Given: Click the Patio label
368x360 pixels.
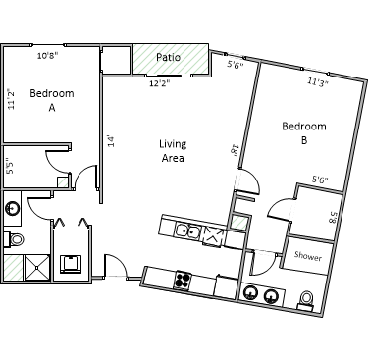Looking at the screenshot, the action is [x=168, y=57].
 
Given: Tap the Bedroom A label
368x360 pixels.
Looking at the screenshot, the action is [x=52, y=100].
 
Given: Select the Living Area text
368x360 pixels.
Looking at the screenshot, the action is [x=173, y=151].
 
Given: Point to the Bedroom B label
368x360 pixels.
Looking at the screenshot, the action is [x=304, y=133].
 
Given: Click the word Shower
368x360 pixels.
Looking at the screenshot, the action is [x=308, y=256].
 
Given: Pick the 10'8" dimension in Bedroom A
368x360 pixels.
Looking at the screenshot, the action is [x=47, y=56].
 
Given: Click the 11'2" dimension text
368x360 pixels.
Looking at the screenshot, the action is [x=11, y=99].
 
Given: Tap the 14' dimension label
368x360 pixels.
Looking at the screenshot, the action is [x=112, y=141].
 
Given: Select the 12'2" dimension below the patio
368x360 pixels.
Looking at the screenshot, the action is [x=160, y=83].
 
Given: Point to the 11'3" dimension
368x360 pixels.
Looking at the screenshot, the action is [x=318, y=81].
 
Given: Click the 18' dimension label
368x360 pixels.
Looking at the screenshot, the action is [x=235, y=151].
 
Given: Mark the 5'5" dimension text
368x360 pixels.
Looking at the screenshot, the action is [x=11, y=167].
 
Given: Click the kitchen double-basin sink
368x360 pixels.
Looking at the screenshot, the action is [x=187, y=231].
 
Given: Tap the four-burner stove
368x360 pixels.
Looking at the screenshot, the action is [x=183, y=280].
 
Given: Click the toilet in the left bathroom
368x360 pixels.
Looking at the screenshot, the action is [x=14, y=239].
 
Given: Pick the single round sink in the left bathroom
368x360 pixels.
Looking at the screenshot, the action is [x=13, y=208].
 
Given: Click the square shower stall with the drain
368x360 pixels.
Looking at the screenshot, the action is [x=37, y=268].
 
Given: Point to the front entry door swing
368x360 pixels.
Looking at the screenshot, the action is [x=115, y=266].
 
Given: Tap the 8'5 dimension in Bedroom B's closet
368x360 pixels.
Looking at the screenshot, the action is [x=332, y=217].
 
